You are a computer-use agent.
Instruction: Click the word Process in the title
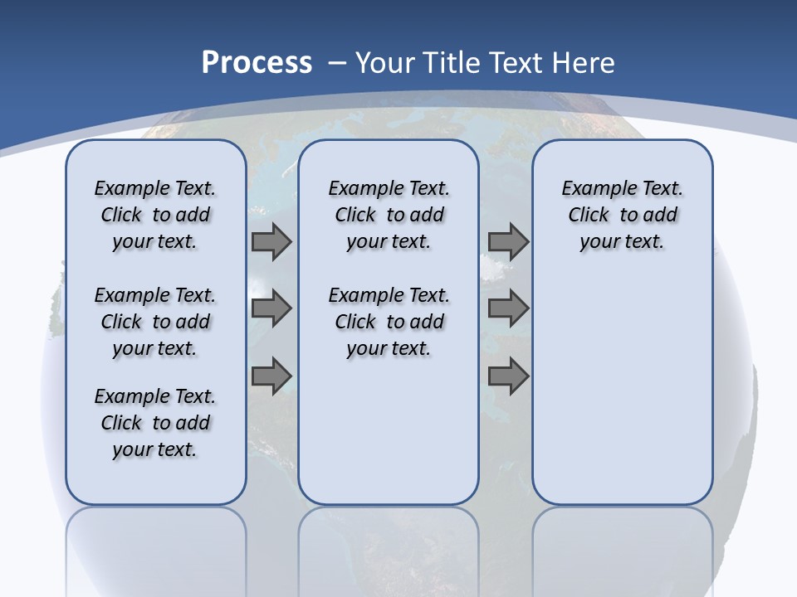tap(257, 62)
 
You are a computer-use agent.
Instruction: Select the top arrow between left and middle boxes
tap(271, 242)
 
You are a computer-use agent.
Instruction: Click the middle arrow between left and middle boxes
tap(271, 308)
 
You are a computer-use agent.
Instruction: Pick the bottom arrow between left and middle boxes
tap(271, 376)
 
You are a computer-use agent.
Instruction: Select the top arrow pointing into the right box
tap(508, 242)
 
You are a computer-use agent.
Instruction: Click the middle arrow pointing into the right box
tap(508, 308)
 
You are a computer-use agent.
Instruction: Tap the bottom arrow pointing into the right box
tap(508, 376)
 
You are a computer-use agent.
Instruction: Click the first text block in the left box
tap(155, 215)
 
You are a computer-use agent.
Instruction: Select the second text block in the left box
tap(155, 322)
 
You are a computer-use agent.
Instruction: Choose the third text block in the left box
tap(155, 423)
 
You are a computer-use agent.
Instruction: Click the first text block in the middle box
tap(389, 215)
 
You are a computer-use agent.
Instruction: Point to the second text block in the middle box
tap(389, 322)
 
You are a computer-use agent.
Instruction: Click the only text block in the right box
tap(622, 215)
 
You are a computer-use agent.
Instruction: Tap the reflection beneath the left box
tap(155, 547)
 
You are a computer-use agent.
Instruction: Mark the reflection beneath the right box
tap(622, 547)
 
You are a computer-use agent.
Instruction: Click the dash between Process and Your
tap(337, 63)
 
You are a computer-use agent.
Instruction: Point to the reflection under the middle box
tap(389, 547)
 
